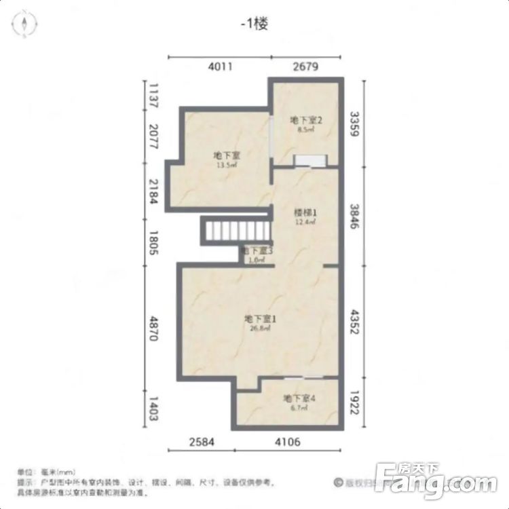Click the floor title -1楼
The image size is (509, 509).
pos(254,24)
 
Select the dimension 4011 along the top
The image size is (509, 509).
pos(220,67)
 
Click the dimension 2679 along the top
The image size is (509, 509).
pos(305,67)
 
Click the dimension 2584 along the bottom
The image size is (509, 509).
pos(201,442)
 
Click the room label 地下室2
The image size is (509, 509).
pos(305,121)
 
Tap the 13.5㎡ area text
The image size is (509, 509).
pos(226,164)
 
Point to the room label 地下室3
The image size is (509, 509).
pos(258,251)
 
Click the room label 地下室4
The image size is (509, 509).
pos(298,398)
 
